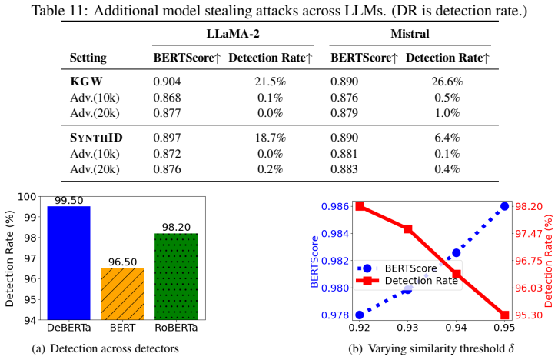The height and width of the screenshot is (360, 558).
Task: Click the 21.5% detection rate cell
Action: [270, 82]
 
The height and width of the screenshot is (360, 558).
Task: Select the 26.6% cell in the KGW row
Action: [447, 82]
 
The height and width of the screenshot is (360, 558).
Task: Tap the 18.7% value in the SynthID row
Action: [270, 138]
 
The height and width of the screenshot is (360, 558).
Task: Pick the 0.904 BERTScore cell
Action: [167, 82]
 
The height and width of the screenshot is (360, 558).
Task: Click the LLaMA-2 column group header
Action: [233, 34]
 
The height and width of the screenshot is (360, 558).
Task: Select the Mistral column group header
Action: [410, 34]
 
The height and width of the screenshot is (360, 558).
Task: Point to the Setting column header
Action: [88, 58]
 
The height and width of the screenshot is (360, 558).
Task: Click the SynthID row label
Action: [96, 138]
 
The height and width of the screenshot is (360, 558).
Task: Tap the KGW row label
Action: [86, 82]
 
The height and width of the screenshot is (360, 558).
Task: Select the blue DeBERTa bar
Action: [68, 263]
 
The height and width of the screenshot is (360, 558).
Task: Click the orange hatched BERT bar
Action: [122, 294]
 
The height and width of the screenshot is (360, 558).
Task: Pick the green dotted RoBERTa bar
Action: [176, 276]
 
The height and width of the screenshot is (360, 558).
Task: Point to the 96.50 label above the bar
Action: [122, 262]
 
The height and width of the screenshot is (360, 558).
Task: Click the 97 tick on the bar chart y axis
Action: [31, 258]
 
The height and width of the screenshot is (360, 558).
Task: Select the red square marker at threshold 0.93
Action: [408, 229]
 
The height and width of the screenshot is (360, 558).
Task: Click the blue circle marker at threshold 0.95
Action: [504, 206]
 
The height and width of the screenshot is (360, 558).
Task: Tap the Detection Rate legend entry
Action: [407, 281]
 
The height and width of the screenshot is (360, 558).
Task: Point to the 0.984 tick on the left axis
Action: [334, 234]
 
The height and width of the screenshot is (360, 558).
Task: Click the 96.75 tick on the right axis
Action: [529, 261]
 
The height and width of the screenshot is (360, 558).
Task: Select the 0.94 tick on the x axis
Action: [456, 327]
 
